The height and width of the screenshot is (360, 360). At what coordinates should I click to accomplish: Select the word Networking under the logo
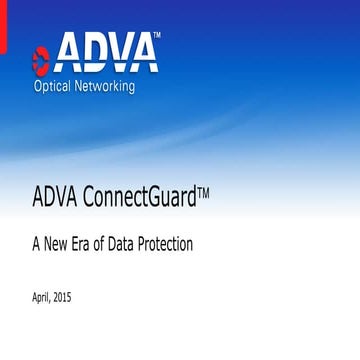[x=128, y=86]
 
